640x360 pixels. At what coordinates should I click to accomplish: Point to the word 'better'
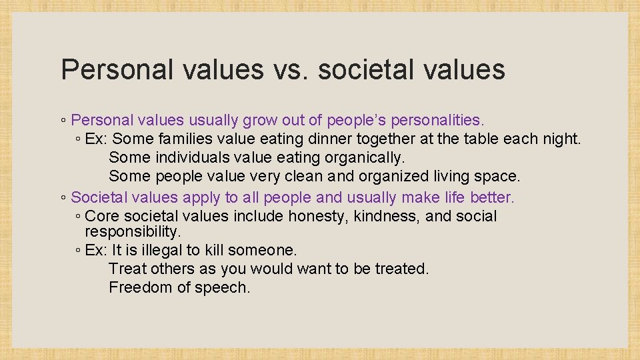pos(492,197)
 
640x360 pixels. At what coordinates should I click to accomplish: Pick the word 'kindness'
pos(387,216)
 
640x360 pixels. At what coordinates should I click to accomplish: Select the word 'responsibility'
pos(132,232)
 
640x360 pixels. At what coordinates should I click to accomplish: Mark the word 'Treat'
pos(127,269)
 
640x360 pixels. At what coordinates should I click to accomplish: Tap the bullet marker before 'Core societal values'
pos(78,217)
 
